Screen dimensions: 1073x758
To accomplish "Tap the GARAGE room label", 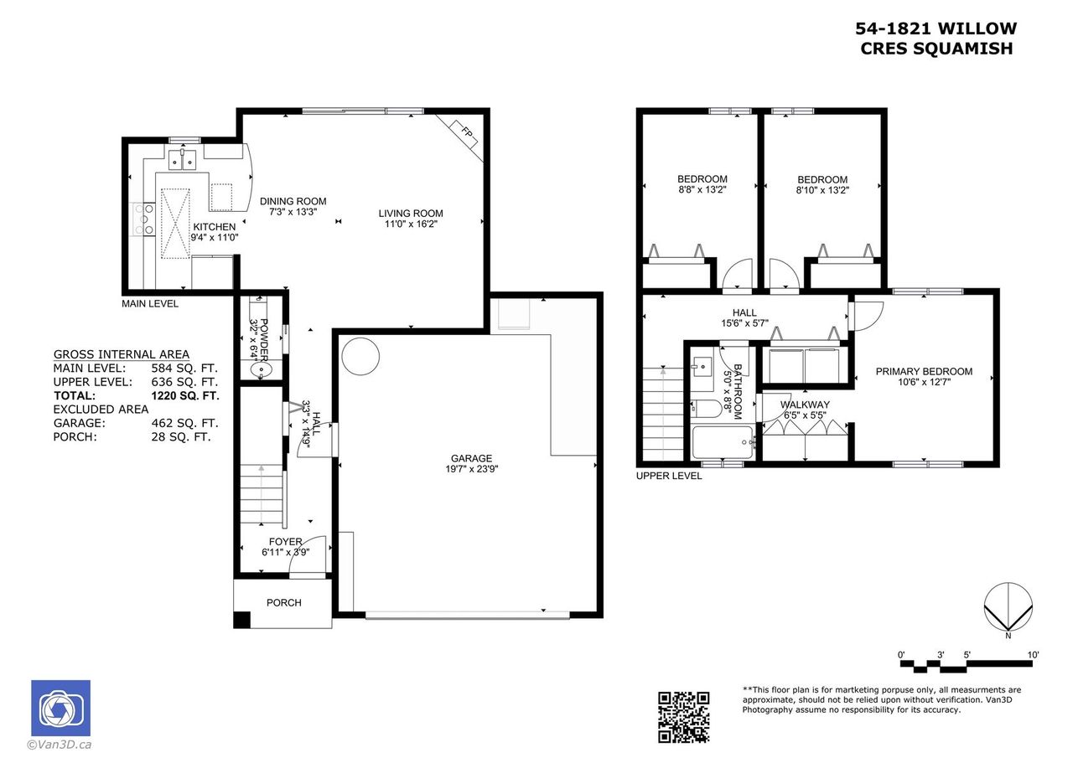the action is [x=471, y=458].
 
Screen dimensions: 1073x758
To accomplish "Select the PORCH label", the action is [x=284, y=603].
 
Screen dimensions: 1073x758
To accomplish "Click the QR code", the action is [x=683, y=717].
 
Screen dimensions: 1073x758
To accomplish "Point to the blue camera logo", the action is [x=61, y=708].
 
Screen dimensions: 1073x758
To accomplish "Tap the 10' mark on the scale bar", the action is [x=1034, y=655].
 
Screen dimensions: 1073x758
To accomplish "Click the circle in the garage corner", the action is [x=360, y=356].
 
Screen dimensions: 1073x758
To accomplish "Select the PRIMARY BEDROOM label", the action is [x=924, y=371].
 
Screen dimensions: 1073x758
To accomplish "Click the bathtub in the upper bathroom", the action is [x=723, y=442].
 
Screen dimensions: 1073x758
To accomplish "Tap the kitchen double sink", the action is [x=182, y=159].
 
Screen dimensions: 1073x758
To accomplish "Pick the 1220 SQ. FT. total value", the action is [x=185, y=395].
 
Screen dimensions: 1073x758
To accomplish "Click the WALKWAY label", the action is [x=805, y=405].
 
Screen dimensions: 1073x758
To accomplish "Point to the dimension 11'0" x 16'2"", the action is [x=411, y=224].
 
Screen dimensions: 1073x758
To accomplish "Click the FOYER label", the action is [x=286, y=542].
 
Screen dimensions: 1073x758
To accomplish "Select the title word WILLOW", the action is [x=977, y=28].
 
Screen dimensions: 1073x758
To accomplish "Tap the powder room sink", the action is [x=261, y=370].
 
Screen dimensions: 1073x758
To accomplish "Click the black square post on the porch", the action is [x=241, y=620].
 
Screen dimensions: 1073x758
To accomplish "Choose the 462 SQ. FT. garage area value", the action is [x=184, y=423].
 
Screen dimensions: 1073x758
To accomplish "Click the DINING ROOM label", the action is [x=293, y=202].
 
